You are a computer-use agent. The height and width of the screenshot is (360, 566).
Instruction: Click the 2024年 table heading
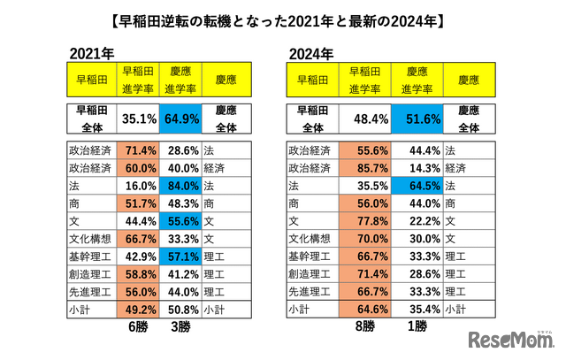[x=311, y=53]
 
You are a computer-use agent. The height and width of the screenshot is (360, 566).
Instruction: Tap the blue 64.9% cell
[x=182, y=119]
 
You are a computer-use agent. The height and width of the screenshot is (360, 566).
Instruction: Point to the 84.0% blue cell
[x=182, y=186]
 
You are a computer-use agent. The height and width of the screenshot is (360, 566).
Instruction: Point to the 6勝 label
[x=137, y=327]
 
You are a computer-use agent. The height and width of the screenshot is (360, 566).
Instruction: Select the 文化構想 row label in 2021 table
[x=90, y=239]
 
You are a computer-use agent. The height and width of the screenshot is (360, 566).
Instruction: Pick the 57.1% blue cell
[x=182, y=257]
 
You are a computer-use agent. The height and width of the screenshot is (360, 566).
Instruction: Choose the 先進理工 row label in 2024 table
[x=312, y=292]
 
